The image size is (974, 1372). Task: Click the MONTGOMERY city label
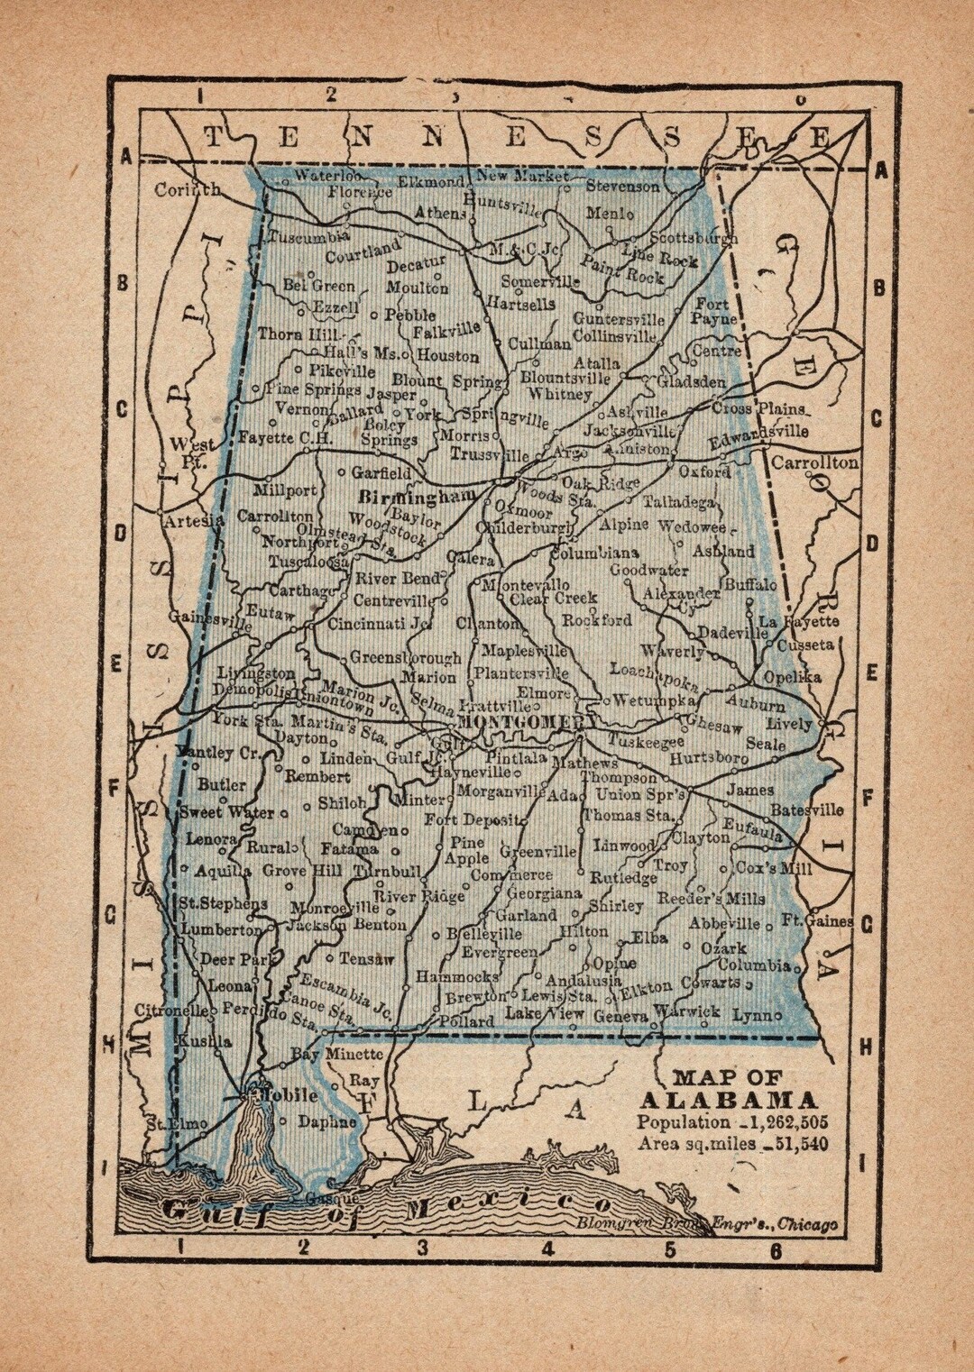[x=527, y=723]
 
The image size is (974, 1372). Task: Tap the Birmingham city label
[x=416, y=497]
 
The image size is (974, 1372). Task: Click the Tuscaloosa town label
[x=304, y=561]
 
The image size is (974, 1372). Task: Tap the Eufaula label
[x=753, y=829]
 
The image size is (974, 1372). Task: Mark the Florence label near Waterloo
[x=360, y=192]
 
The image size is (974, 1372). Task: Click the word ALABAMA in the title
[x=729, y=1100]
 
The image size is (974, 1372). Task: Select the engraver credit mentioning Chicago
[x=708, y=1223]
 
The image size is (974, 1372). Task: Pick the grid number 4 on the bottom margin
[x=547, y=1249]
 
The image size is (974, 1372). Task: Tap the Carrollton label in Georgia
[x=814, y=462]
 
